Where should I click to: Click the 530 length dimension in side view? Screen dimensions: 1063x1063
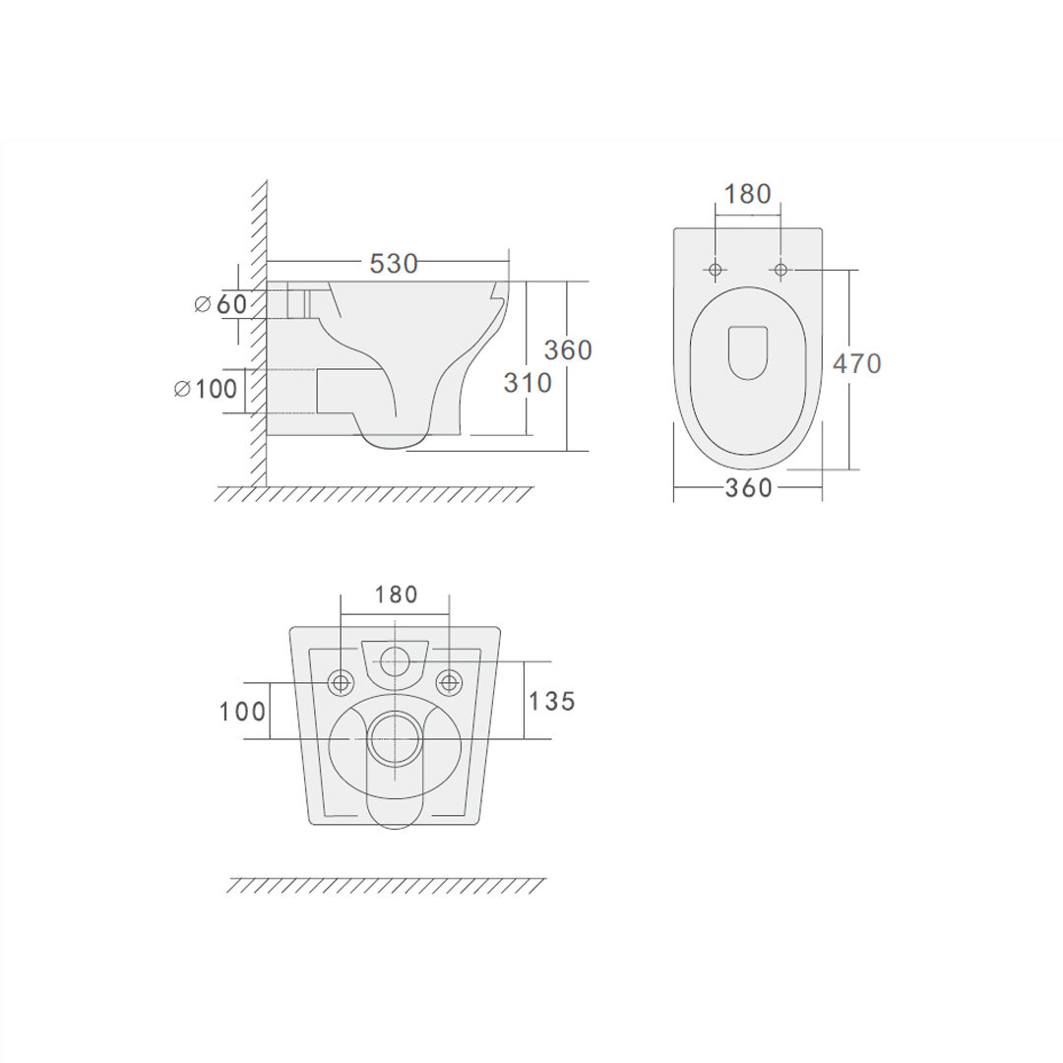pyautogui.click(x=393, y=263)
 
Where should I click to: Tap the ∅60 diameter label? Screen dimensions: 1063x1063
pyautogui.click(x=220, y=304)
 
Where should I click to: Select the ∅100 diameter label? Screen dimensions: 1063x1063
pyautogui.click(x=206, y=389)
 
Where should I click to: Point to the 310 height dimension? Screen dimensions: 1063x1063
pyautogui.click(x=528, y=383)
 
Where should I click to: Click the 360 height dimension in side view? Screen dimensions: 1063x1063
pyautogui.click(x=568, y=349)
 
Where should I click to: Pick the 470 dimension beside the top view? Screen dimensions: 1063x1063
pyautogui.click(x=857, y=363)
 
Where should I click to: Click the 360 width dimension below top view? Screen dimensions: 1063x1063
pyautogui.click(x=748, y=487)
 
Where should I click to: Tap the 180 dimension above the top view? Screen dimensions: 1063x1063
pyautogui.click(x=748, y=194)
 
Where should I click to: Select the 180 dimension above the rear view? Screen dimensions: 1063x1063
pyautogui.click(x=397, y=594)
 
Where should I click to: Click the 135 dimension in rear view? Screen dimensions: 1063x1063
pyautogui.click(x=552, y=701)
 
